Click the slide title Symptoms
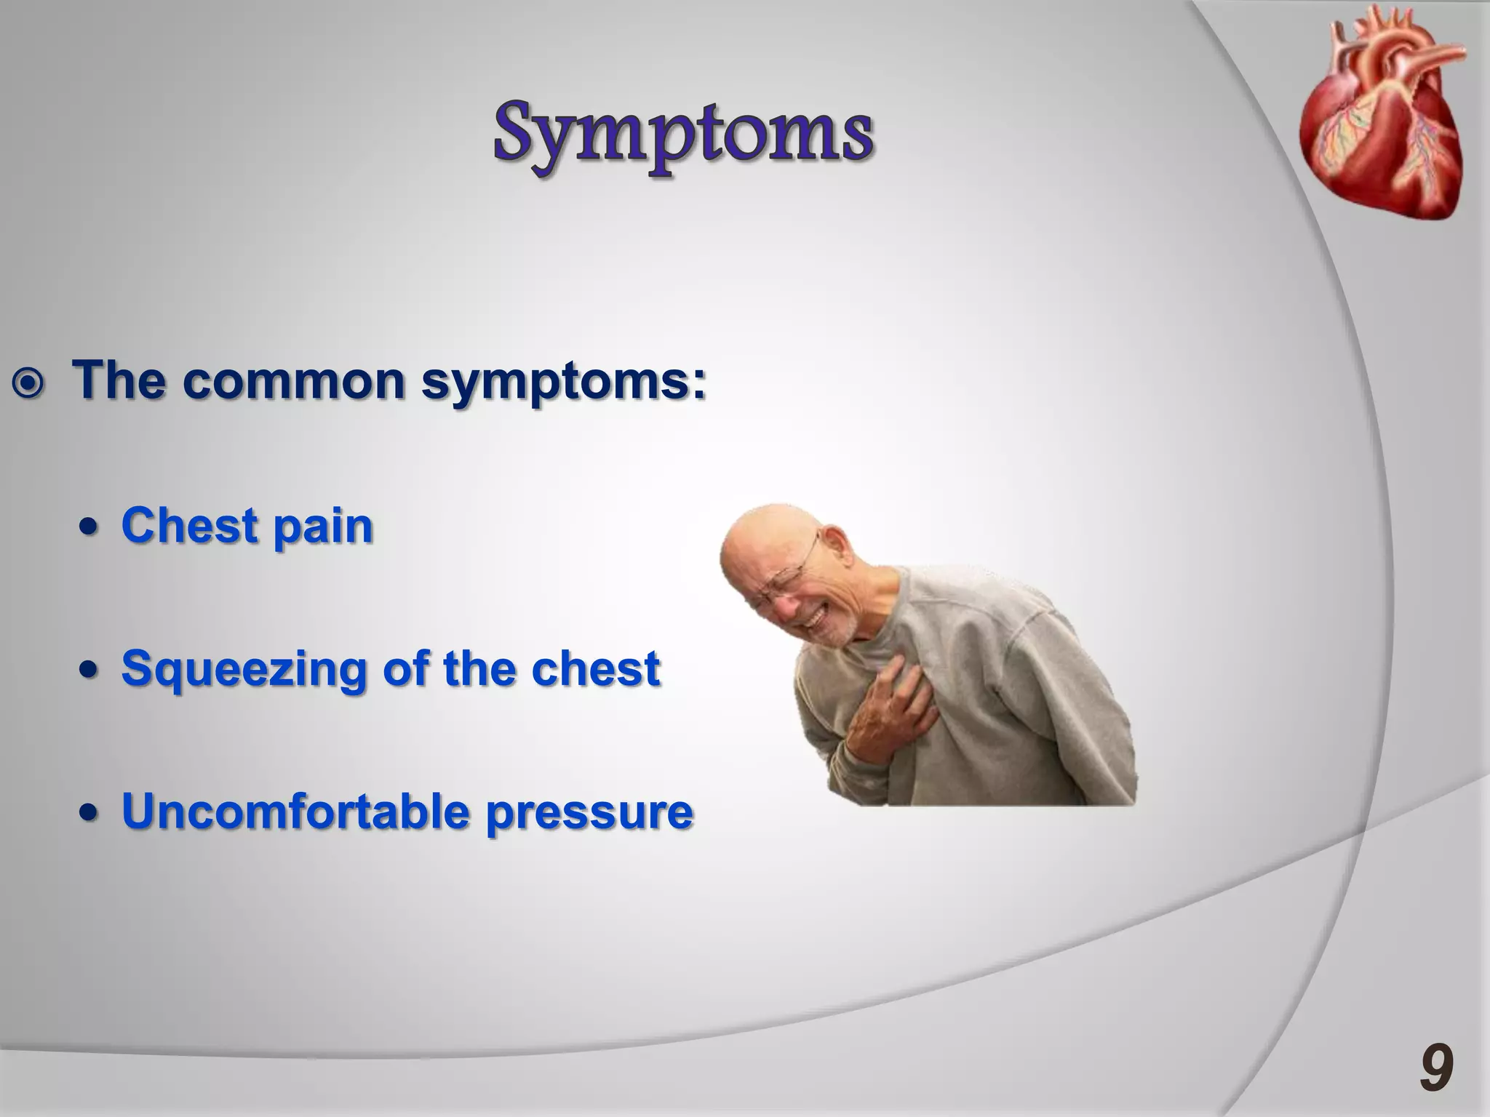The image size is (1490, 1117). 683,135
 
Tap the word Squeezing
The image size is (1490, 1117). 244,670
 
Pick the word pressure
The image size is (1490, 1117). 589,813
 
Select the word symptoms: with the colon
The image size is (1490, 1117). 564,382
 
